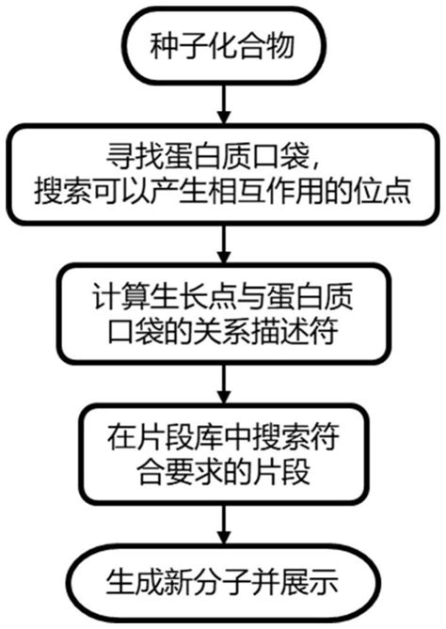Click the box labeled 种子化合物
click(222, 44)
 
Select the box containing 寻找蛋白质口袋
click(222, 175)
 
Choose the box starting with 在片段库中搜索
click(222, 452)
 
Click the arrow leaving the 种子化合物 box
click(222, 97)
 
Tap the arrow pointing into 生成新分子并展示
click(222, 522)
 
